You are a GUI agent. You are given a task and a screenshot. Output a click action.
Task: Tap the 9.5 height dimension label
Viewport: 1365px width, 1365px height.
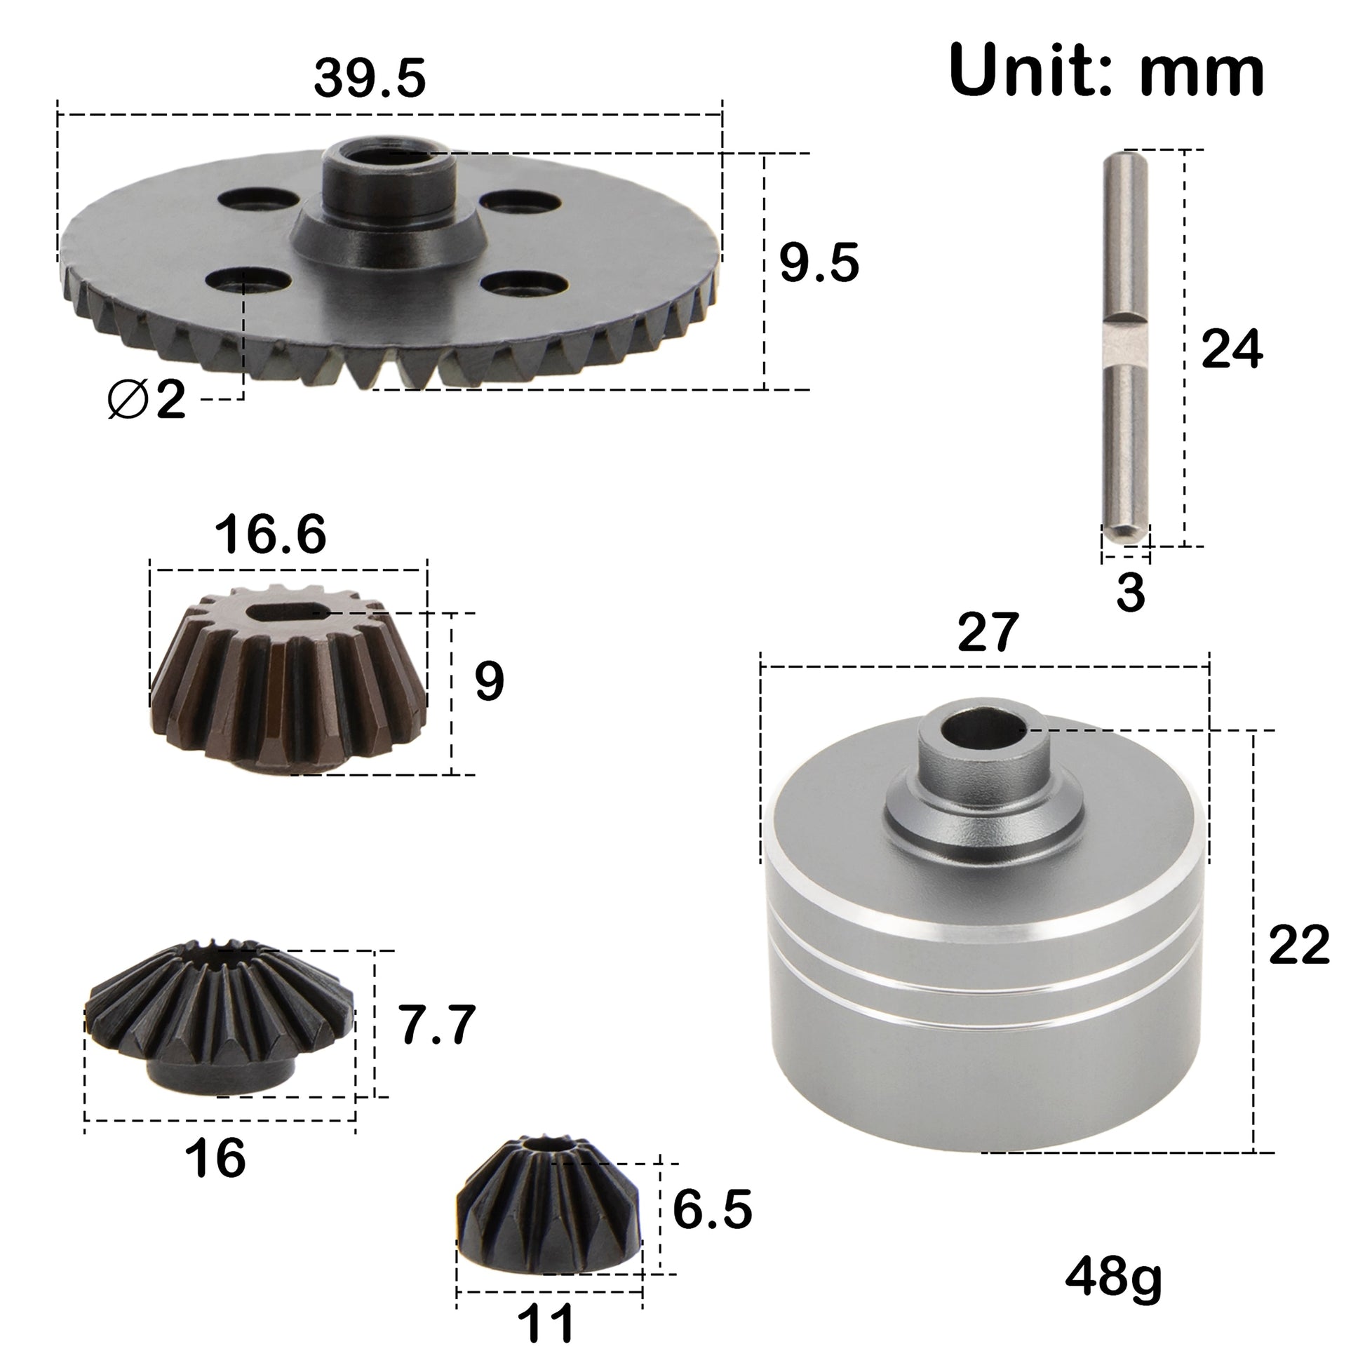[x=819, y=263]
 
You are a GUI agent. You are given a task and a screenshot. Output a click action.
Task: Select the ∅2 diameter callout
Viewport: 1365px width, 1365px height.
[x=147, y=399]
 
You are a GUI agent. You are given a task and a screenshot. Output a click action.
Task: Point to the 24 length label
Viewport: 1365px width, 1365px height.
[x=1232, y=349]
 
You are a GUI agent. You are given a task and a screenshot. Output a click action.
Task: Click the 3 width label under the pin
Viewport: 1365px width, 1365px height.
[x=1130, y=592]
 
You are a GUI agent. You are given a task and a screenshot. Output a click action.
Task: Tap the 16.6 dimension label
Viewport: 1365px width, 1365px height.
[x=270, y=534]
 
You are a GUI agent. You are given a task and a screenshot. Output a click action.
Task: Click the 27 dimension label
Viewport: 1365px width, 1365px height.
[x=988, y=632]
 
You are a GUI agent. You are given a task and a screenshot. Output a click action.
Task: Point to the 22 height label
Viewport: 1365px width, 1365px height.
[x=1298, y=944]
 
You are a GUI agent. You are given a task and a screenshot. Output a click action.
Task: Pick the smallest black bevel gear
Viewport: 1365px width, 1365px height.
[x=549, y=1209]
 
